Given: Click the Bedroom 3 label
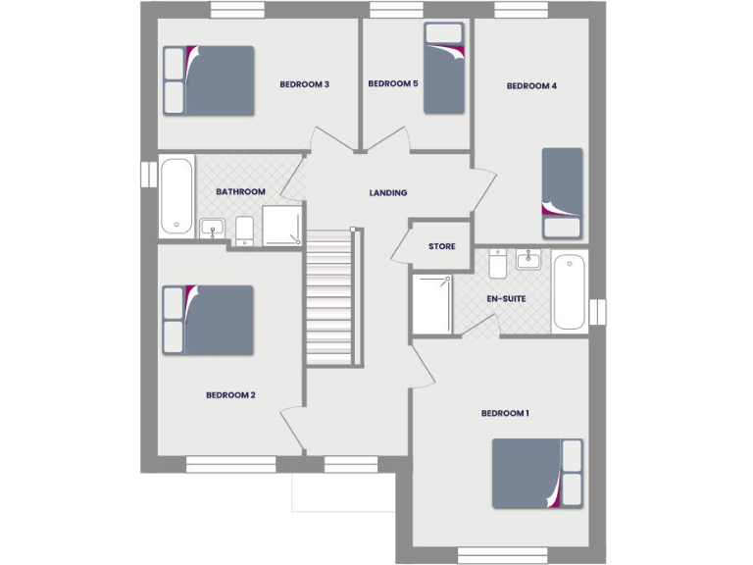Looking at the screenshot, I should click(304, 84).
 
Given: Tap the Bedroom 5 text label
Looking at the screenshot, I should click(393, 84).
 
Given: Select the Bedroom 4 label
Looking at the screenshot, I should click(531, 86).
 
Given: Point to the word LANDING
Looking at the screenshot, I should click(388, 193).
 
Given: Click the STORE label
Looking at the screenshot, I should click(441, 246).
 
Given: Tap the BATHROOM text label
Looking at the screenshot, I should click(241, 192).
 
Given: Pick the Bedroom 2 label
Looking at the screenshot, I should click(230, 395).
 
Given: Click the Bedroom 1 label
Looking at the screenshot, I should click(505, 414).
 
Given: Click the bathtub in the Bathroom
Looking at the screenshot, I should click(176, 196).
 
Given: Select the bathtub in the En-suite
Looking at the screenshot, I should click(570, 291).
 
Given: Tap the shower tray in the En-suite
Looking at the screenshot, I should click(431, 305).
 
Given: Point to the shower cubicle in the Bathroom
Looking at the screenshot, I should click(282, 226).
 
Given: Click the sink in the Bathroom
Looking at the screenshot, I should click(213, 230).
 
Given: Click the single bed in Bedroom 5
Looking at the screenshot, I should click(443, 68).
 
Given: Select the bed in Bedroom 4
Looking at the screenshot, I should click(563, 192).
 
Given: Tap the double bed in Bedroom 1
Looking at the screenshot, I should click(537, 474).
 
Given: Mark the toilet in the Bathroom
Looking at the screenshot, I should click(245, 231).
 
